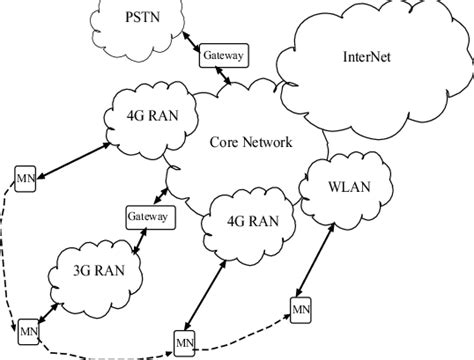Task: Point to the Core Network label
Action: [251, 143]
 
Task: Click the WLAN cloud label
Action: [349, 186]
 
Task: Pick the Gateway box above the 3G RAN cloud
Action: [147, 215]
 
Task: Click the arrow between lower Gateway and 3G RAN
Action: [140, 240]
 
